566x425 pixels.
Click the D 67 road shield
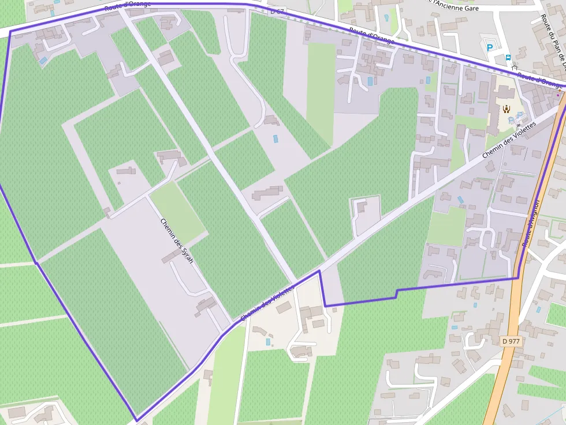coord(278,11)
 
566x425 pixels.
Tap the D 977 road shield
coord(512,341)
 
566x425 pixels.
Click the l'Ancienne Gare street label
coord(460,7)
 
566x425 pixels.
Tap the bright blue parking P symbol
coord(490,48)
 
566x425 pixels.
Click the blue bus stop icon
coord(508,58)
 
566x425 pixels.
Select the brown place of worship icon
coord(507,108)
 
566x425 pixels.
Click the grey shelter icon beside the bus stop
coord(514,66)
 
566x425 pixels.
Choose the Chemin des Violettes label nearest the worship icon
coord(509,140)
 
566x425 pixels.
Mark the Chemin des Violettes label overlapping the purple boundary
coord(267,304)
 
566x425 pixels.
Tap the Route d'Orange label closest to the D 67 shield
coord(371,36)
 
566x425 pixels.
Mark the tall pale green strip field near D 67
coord(321,86)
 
